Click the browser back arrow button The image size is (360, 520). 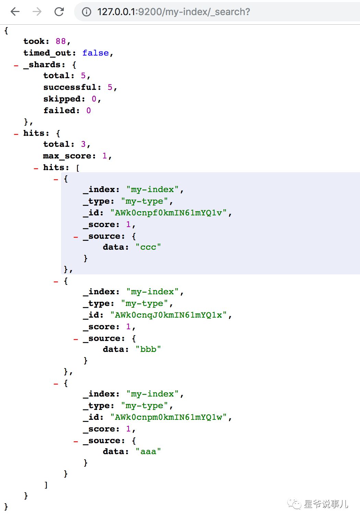pos(15,12)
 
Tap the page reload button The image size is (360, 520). pos(59,12)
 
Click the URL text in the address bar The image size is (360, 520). pos(173,12)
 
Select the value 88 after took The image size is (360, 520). pos(61,42)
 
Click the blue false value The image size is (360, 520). pos(95,53)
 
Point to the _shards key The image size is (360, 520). pos(44,64)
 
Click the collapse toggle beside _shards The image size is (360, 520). pos(16,65)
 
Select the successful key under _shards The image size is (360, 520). pos(70,87)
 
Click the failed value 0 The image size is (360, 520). pos(88,110)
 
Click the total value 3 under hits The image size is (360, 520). pos(83,144)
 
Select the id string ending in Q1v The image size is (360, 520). pos(169,213)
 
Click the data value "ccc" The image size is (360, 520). pos(148,247)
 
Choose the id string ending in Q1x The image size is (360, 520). pos(169,315)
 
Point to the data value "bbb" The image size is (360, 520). pos(148,349)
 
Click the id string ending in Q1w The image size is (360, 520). pos(169,417)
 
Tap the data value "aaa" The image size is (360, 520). pos(148,451)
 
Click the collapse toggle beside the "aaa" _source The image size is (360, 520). pos(76,441)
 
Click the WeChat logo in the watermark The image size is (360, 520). pos(294,504)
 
